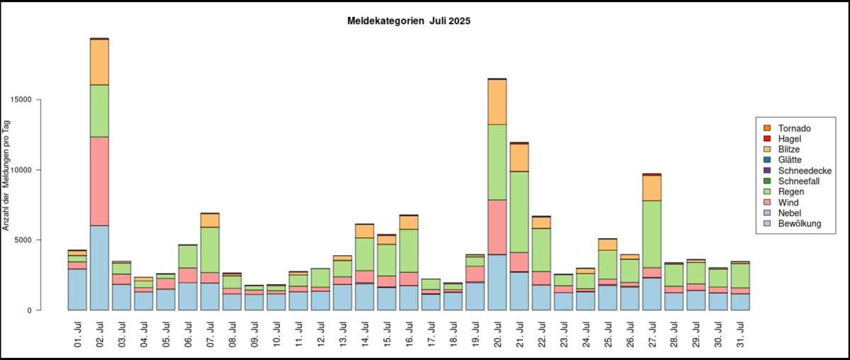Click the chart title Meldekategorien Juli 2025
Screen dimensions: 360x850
point(409,21)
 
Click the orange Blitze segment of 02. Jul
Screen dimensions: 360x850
point(99,62)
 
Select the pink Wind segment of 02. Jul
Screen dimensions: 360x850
point(99,181)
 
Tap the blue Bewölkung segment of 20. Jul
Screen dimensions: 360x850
point(498,282)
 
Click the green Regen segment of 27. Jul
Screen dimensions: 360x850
point(652,234)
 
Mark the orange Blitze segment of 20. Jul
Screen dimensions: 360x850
point(498,101)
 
